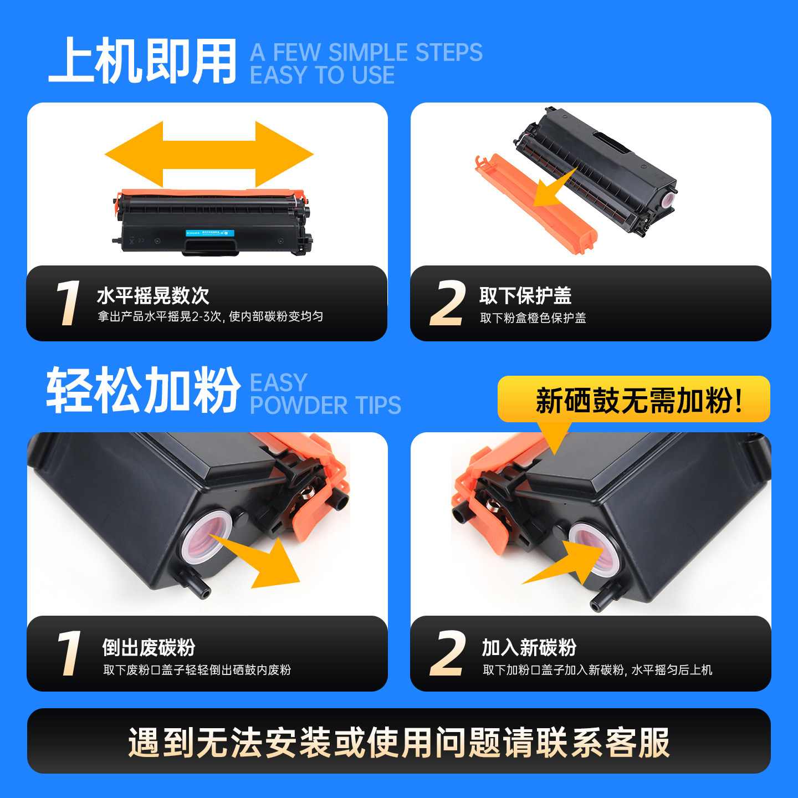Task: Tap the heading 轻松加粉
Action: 144,390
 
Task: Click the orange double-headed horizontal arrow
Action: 209,155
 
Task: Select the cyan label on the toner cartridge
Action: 210,233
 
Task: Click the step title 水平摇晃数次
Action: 153,295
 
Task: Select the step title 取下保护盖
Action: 525,295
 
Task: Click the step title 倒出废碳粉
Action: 149,647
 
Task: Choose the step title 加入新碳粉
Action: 529,647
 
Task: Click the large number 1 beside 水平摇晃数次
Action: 68,303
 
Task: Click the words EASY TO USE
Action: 322,75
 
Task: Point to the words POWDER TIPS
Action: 325,405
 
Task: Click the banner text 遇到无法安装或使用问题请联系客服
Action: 399,743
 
